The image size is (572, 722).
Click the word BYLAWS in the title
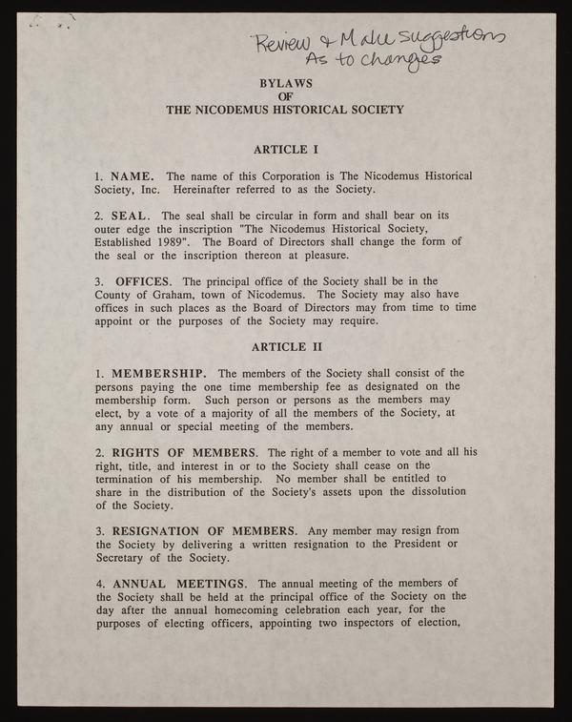click(285, 83)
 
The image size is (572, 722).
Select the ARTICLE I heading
click(285, 150)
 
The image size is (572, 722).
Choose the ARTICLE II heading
click(285, 346)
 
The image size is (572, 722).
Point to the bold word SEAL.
click(130, 216)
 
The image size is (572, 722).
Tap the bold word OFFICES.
click(144, 281)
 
